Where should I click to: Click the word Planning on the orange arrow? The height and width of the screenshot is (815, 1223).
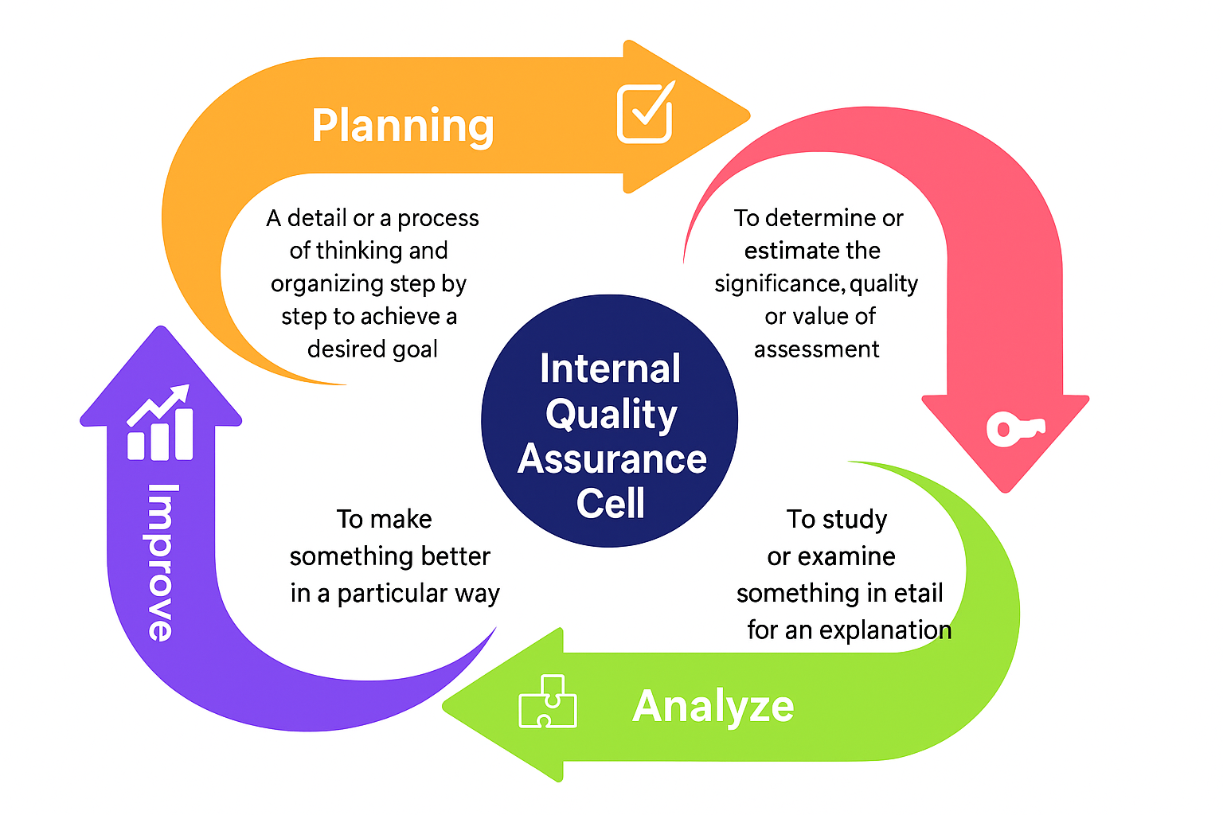pyautogui.click(x=402, y=127)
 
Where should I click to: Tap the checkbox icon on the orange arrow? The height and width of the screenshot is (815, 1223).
pyautogui.click(x=645, y=114)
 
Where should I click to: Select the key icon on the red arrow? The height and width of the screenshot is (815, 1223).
pyautogui.click(x=1014, y=429)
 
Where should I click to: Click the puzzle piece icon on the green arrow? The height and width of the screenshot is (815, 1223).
pyautogui.click(x=548, y=701)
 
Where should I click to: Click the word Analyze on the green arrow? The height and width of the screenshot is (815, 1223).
pyautogui.click(x=713, y=706)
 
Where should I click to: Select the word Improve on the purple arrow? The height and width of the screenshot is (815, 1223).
pyautogui.click(x=162, y=562)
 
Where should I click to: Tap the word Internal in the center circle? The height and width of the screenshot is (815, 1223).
pyautogui.click(x=610, y=369)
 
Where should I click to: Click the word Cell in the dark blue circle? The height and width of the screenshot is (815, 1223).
pyautogui.click(x=610, y=503)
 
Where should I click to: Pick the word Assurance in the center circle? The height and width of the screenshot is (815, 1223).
pyautogui.click(x=611, y=459)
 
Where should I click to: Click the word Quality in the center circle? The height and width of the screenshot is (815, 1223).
pyautogui.click(x=611, y=415)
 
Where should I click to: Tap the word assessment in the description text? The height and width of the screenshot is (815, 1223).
pyautogui.click(x=816, y=349)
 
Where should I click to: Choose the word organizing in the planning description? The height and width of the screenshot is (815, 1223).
pyautogui.click(x=327, y=284)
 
